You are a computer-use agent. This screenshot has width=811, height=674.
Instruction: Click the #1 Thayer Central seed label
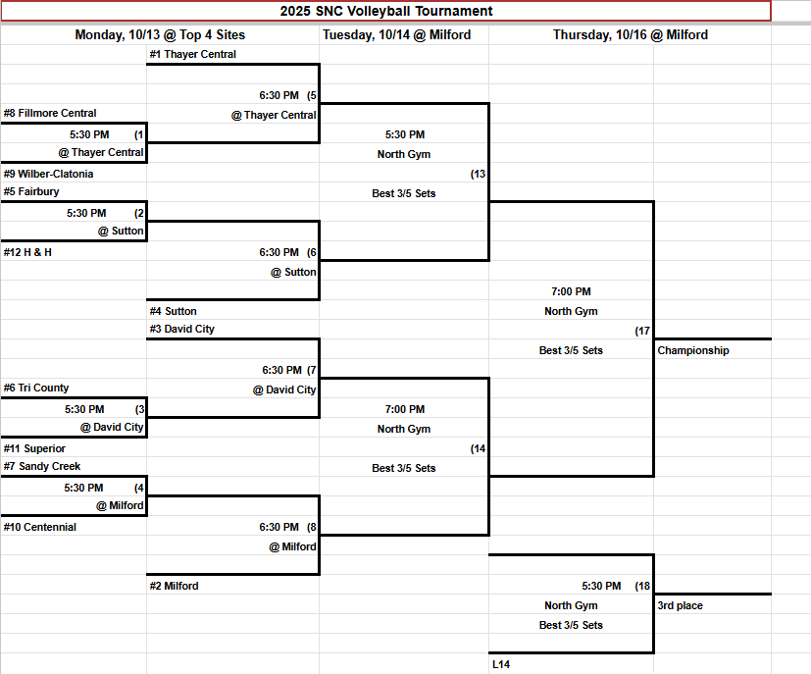[192, 54]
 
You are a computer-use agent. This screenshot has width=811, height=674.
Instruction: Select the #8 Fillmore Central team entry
[50, 113]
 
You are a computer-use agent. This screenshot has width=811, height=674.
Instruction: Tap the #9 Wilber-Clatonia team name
[49, 174]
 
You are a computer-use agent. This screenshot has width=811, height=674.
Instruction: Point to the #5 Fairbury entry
[31, 191]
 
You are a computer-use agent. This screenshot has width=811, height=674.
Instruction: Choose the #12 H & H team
[27, 252]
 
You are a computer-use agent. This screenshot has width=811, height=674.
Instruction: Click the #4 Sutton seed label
[173, 311]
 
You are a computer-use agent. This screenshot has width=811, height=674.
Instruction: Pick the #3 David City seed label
[181, 329]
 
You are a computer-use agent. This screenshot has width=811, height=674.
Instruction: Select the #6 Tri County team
[36, 388]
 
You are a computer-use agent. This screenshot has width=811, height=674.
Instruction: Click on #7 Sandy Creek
[42, 466]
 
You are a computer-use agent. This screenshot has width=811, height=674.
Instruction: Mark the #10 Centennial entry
[40, 527]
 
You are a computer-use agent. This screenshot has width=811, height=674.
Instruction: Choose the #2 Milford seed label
[174, 586]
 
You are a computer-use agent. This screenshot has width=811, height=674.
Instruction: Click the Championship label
[693, 350]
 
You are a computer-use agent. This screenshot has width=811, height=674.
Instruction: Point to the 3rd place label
[680, 605]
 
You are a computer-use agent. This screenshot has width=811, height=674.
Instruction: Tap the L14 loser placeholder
[501, 664]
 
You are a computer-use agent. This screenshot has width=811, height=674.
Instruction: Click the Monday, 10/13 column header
[160, 34]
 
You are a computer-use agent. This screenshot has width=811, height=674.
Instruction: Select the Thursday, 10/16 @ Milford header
[630, 34]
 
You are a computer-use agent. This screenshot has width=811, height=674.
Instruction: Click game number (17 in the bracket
[642, 331]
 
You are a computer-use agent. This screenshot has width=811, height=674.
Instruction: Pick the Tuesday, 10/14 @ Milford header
[396, 34]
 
